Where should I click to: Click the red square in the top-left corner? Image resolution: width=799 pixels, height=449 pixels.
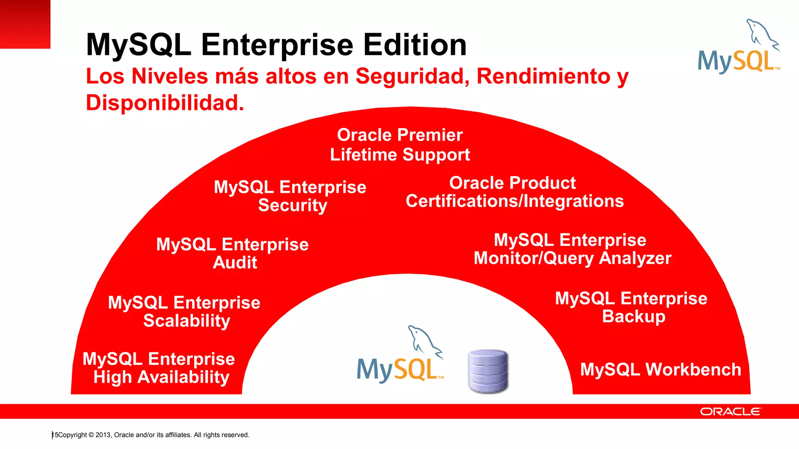coord(25,24)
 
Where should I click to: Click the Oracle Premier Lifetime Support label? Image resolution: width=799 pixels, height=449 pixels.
coord(400,145)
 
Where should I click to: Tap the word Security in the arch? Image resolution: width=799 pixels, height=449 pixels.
coord(292,205)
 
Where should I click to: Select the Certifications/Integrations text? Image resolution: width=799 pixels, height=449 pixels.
coord(515,202)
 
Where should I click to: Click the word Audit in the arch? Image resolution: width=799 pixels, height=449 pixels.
coord(235,263)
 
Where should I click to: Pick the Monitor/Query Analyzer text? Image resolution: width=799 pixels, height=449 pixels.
coord(572,258)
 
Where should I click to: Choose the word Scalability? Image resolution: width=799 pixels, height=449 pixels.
coord(186,321)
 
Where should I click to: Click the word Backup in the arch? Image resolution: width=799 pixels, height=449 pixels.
coord(634,316)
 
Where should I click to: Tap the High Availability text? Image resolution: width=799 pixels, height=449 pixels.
coord(161,377)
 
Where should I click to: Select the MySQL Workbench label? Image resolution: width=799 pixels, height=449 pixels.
coord(661,369)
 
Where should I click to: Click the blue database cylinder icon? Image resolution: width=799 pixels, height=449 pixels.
coord(488,371)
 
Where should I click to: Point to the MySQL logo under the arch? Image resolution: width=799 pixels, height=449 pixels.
coord(400,357)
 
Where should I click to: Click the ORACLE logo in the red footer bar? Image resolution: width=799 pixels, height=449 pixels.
coord(730,412)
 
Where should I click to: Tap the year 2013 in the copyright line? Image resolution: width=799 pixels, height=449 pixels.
coord(103,435)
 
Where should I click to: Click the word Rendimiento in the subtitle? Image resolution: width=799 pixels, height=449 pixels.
coord(543,76)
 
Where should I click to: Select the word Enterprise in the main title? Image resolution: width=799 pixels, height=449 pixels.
coord(277,45)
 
